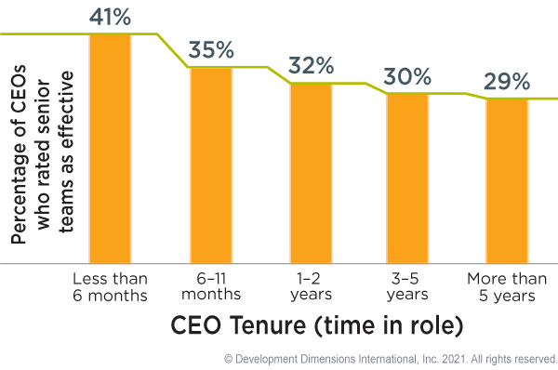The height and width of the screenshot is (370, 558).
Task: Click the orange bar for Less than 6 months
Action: click(110, 149)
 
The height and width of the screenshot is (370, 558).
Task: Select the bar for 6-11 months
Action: click(211, 165)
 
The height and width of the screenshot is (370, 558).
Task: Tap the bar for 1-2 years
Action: click(312, 173)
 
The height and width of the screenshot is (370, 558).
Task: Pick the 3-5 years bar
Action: click(407, 178)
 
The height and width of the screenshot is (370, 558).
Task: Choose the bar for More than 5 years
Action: click(507, 180)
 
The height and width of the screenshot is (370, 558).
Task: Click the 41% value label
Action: click(110, 16)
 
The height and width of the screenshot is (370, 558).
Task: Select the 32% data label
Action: click(311, 66)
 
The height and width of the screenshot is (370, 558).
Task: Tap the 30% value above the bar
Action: click(407, 76)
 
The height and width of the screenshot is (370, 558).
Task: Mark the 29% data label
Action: click(506, 82)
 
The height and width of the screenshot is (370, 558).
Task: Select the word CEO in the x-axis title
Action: click(193, 326)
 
